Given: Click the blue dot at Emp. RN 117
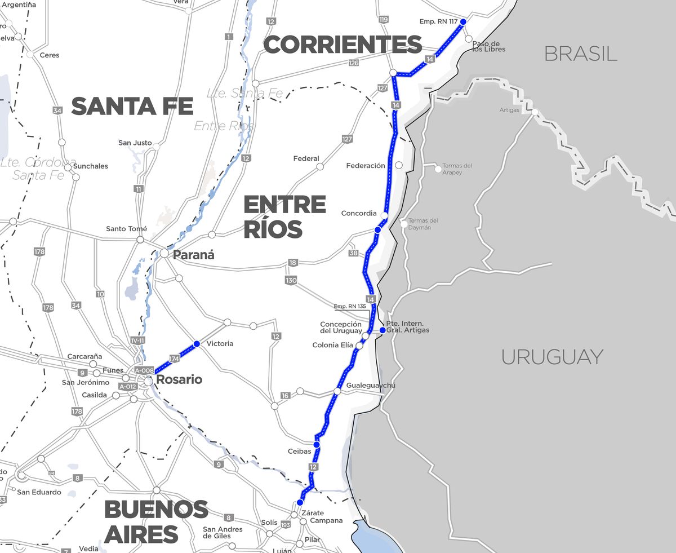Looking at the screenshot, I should pos(463,21).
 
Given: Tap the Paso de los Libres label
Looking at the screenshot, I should pos(488,46).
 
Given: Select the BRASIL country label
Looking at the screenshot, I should pos(581,54).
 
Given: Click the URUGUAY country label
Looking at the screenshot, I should pos(552,357).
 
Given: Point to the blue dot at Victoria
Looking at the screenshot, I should pos(197,344).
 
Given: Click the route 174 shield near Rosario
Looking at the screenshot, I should pos(174,359).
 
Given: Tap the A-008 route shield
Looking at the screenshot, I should pos(144,370).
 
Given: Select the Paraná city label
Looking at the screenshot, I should pos(193,255).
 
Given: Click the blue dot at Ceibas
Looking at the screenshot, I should pos(317,445).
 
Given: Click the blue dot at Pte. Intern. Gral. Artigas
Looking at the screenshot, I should pos(382,330).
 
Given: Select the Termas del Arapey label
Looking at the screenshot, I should pos(457,169).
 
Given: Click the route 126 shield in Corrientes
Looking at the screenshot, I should pos(353,63).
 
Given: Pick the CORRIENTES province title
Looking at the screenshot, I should pos(343,45).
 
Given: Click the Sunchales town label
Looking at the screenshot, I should pos(90,166).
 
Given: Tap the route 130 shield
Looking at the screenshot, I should pos(291,280).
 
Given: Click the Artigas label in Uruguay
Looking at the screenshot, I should pos(509,110).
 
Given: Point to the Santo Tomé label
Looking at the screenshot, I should pos(126,229).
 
